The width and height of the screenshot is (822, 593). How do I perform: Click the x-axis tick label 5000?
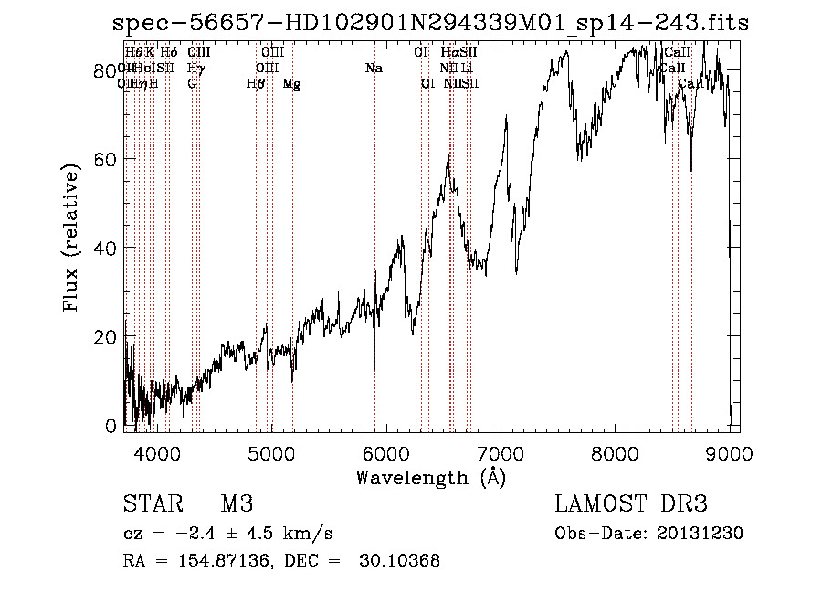[271, 452]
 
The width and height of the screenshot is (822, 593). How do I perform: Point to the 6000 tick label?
[385, 452]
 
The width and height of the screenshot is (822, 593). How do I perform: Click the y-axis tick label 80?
[107, 70]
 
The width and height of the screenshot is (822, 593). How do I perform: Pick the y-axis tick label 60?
[107, 159]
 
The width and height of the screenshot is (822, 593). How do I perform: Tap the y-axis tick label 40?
[107, 249]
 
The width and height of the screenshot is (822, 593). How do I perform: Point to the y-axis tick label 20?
[107, 337]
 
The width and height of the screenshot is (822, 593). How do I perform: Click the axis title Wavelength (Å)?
[430, 477]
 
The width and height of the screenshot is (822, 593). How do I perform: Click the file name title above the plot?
[431, 22]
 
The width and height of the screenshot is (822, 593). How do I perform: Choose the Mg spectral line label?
[291, 84]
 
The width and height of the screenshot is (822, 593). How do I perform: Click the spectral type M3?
[237, 504]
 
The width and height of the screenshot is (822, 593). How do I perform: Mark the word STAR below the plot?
[153, 504]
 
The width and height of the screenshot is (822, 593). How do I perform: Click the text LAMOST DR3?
[630, 504]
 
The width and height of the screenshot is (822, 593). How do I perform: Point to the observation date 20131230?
[701, 534]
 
